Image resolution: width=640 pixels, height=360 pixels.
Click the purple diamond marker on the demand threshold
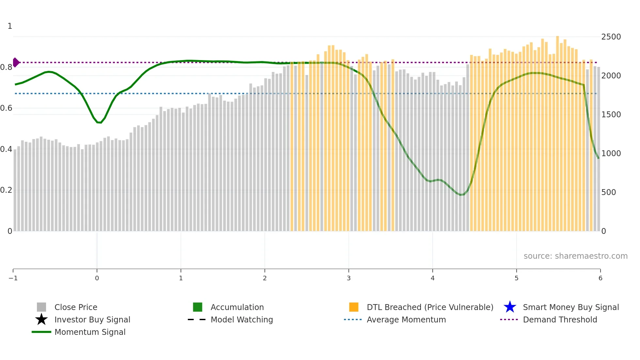point(16,62)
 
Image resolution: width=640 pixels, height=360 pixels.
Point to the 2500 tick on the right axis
point(611,37)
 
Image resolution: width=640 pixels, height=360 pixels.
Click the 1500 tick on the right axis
point(611,115)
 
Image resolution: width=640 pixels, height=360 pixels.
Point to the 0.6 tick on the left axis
point(6,108)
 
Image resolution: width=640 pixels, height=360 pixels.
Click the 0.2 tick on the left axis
point(6,190)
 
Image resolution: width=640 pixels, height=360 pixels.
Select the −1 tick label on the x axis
point(13,278)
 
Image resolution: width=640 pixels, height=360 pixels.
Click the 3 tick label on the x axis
point(349,278)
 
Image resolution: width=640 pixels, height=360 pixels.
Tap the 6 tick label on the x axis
point(600,278)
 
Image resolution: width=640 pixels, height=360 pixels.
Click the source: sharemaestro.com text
point(575,256)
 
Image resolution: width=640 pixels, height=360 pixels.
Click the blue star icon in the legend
point(510,307)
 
